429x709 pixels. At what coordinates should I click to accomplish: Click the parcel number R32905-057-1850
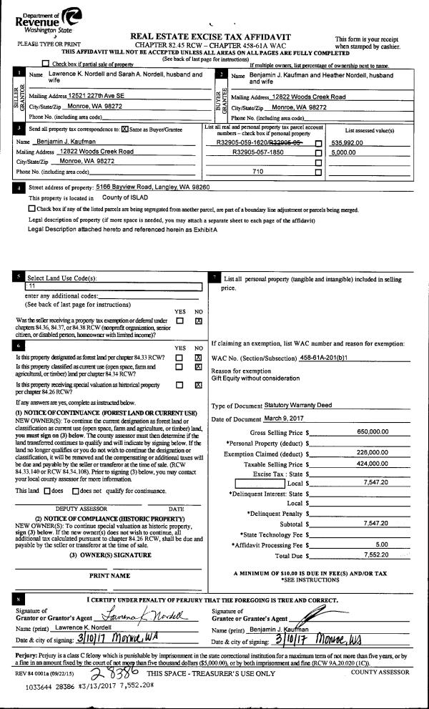point(246,152)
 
